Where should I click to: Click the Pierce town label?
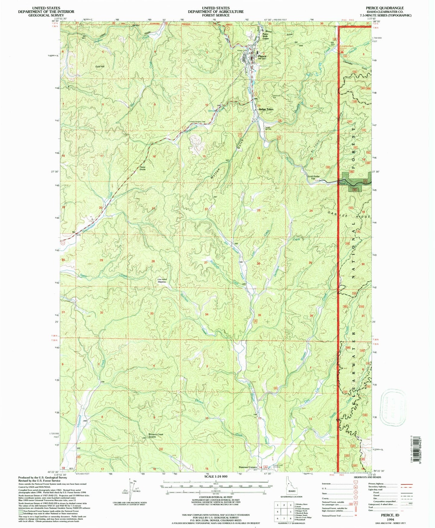(x=262, y=56)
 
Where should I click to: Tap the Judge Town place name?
(x=266, y=109)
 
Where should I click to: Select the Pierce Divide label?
(x=142, y=168)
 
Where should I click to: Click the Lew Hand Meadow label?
(x=162, y=281)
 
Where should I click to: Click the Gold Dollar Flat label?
(x=315, y=178)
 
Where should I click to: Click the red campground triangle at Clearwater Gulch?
(x=342, y=51)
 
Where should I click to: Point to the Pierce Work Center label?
(x=266, y=36)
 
